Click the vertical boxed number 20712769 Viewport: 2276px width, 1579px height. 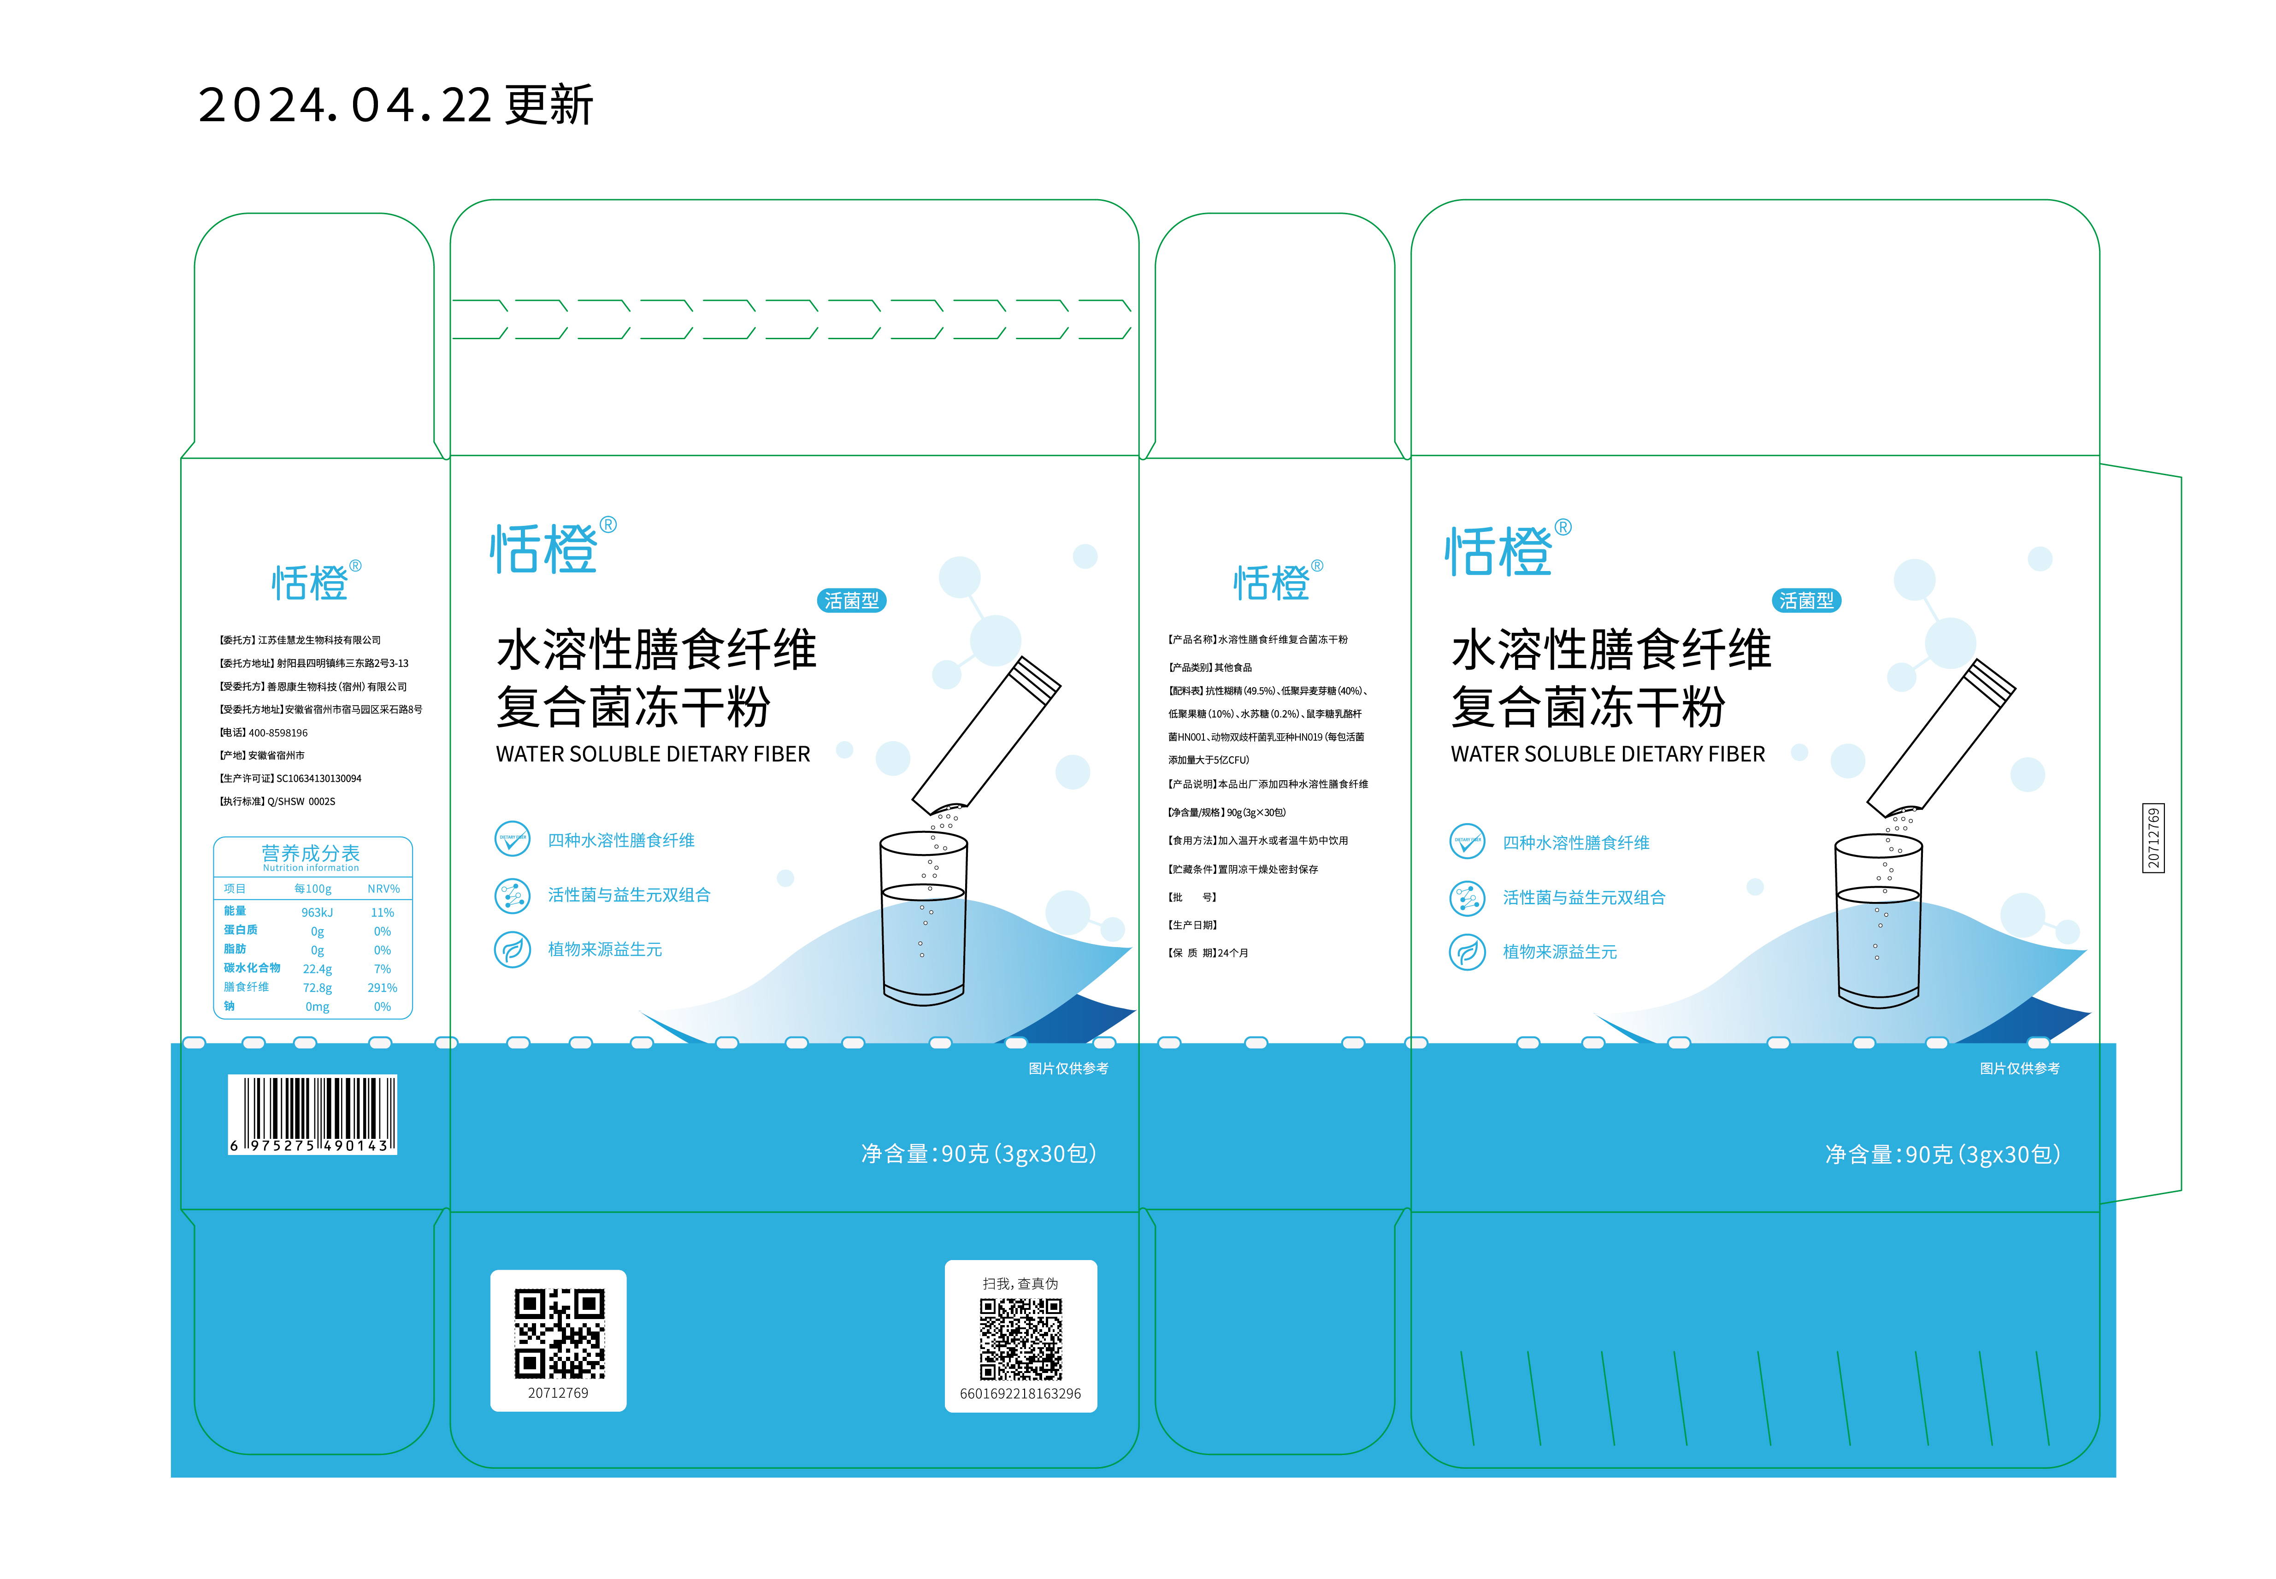pyautogui.click(x=2153, y=838)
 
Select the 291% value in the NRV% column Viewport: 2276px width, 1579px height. pyautogui.click(x=382, y=987)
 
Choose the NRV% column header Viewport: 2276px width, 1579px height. pyautogui.click(x=383, y=889)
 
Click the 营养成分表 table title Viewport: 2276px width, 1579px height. pyautogui.click(x=311, y=852)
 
